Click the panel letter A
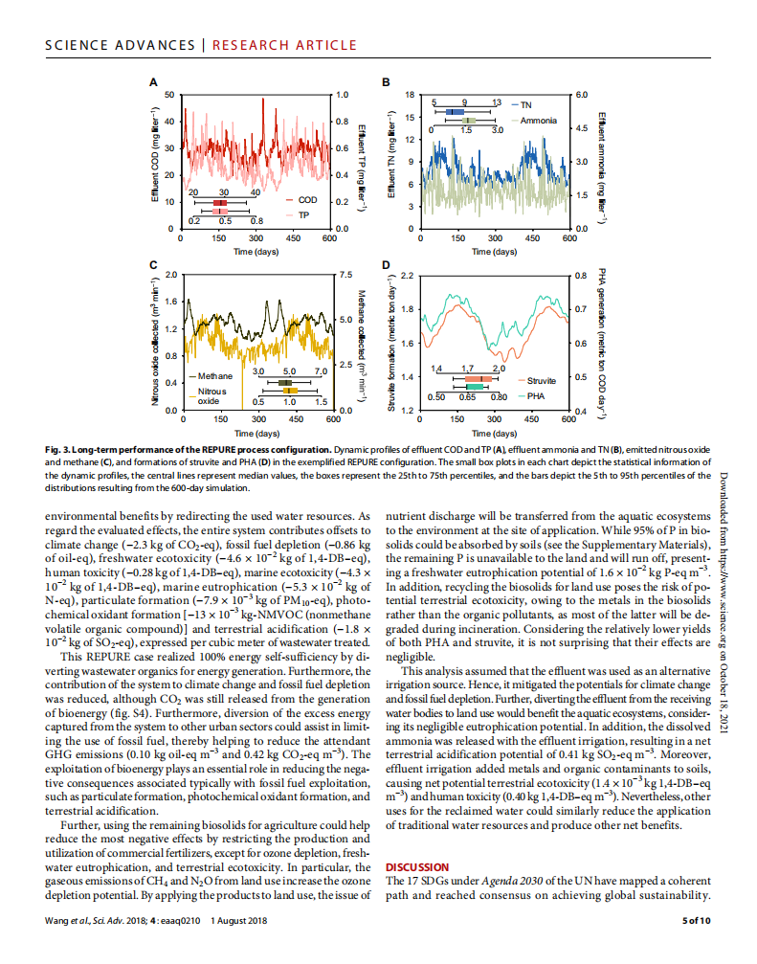tap(153, 82)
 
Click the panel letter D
tap(385, 264)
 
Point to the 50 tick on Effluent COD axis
tap(169, 95)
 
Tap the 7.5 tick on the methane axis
tap(346, 275)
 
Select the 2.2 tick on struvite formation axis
tap(407, 275)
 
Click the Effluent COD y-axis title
tap(154, 162)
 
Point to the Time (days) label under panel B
tap(495, 251)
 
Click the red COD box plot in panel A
tap(220, 203)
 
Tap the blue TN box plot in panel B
tap(455, 112)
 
